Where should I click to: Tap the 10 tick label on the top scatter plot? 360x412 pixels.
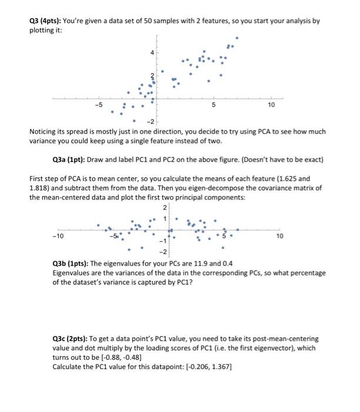(x=271, y=105)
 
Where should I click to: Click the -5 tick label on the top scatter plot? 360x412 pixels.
(x=99, y=105)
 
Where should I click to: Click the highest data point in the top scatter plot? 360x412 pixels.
(x=237, y=38)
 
